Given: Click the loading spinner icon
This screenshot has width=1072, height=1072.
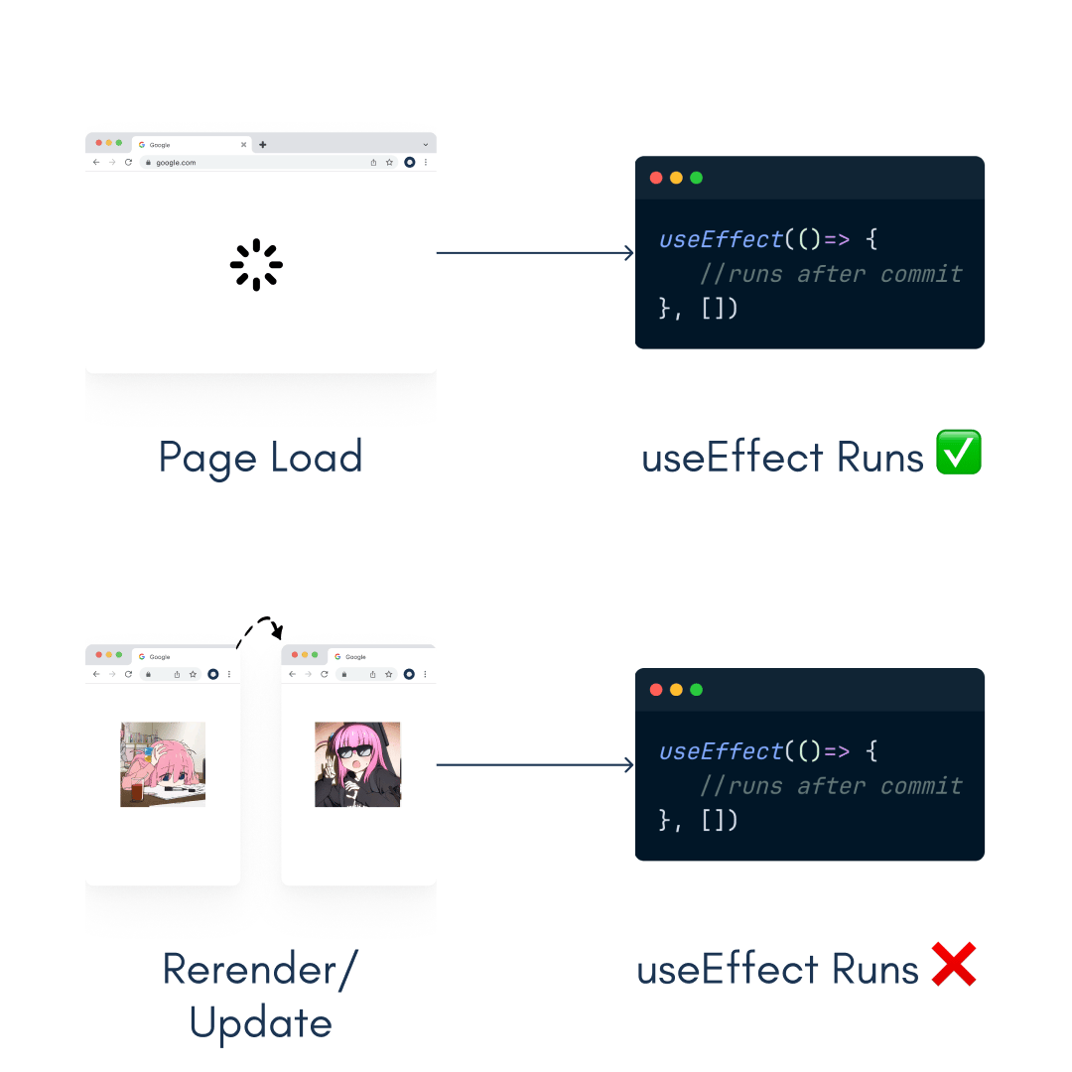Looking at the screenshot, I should click(256, 265).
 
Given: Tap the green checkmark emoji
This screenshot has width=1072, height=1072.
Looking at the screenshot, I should click(959, 453).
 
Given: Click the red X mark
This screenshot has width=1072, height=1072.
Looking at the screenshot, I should click(954, 965).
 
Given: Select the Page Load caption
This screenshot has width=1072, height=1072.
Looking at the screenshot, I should click(260, 458).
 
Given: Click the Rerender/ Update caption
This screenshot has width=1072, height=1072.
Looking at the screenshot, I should click(260, 996).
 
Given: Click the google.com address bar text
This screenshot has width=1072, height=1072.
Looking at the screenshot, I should click(176, 163).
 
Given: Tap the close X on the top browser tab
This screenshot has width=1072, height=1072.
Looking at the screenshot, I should click(243, 145).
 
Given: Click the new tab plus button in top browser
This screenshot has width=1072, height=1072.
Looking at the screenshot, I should click(263, 145).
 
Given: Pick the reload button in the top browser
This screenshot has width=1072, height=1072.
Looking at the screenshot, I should click(128, 162).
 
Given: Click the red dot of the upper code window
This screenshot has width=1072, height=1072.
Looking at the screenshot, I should click(656, 178).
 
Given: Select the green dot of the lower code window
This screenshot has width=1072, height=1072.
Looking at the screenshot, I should click(696, 690).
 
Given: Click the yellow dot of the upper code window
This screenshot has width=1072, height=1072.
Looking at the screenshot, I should click(676, 178).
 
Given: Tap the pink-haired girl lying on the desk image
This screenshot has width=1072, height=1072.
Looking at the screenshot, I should click(163, 764).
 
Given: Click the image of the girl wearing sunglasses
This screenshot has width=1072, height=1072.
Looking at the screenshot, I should click(357, 764).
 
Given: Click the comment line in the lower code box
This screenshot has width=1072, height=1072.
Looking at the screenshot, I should click(831, 786).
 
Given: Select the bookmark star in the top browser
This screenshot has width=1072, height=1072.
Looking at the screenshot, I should click(390, 162).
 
